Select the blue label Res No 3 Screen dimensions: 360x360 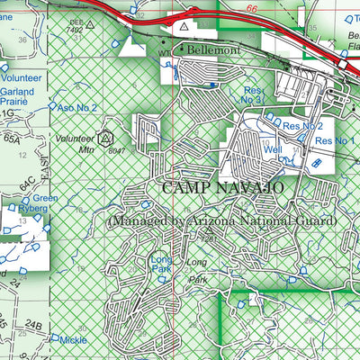(x=255, y=94)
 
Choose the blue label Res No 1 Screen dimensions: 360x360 (x=334, y=142)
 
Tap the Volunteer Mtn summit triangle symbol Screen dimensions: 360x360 (x=105, y=139)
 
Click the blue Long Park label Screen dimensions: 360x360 (x=162, y=263)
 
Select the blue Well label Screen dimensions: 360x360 (x=274, y=149)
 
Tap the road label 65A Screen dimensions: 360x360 (x=11, y=139)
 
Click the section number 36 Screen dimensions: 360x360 (x=22, y=40)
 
